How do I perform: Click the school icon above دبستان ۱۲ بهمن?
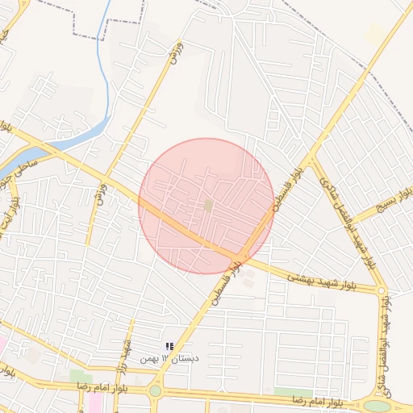pos(169,346)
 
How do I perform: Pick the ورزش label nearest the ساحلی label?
pos(102,194)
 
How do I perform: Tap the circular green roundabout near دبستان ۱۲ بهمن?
pos(155,391)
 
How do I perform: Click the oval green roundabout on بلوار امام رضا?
pos(376,406)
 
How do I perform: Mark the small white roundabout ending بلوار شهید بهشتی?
pos(382,290)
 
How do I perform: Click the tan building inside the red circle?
pos(209,206)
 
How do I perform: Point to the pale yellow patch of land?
pos(375,33)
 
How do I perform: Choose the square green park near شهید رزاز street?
pos(81,377)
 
